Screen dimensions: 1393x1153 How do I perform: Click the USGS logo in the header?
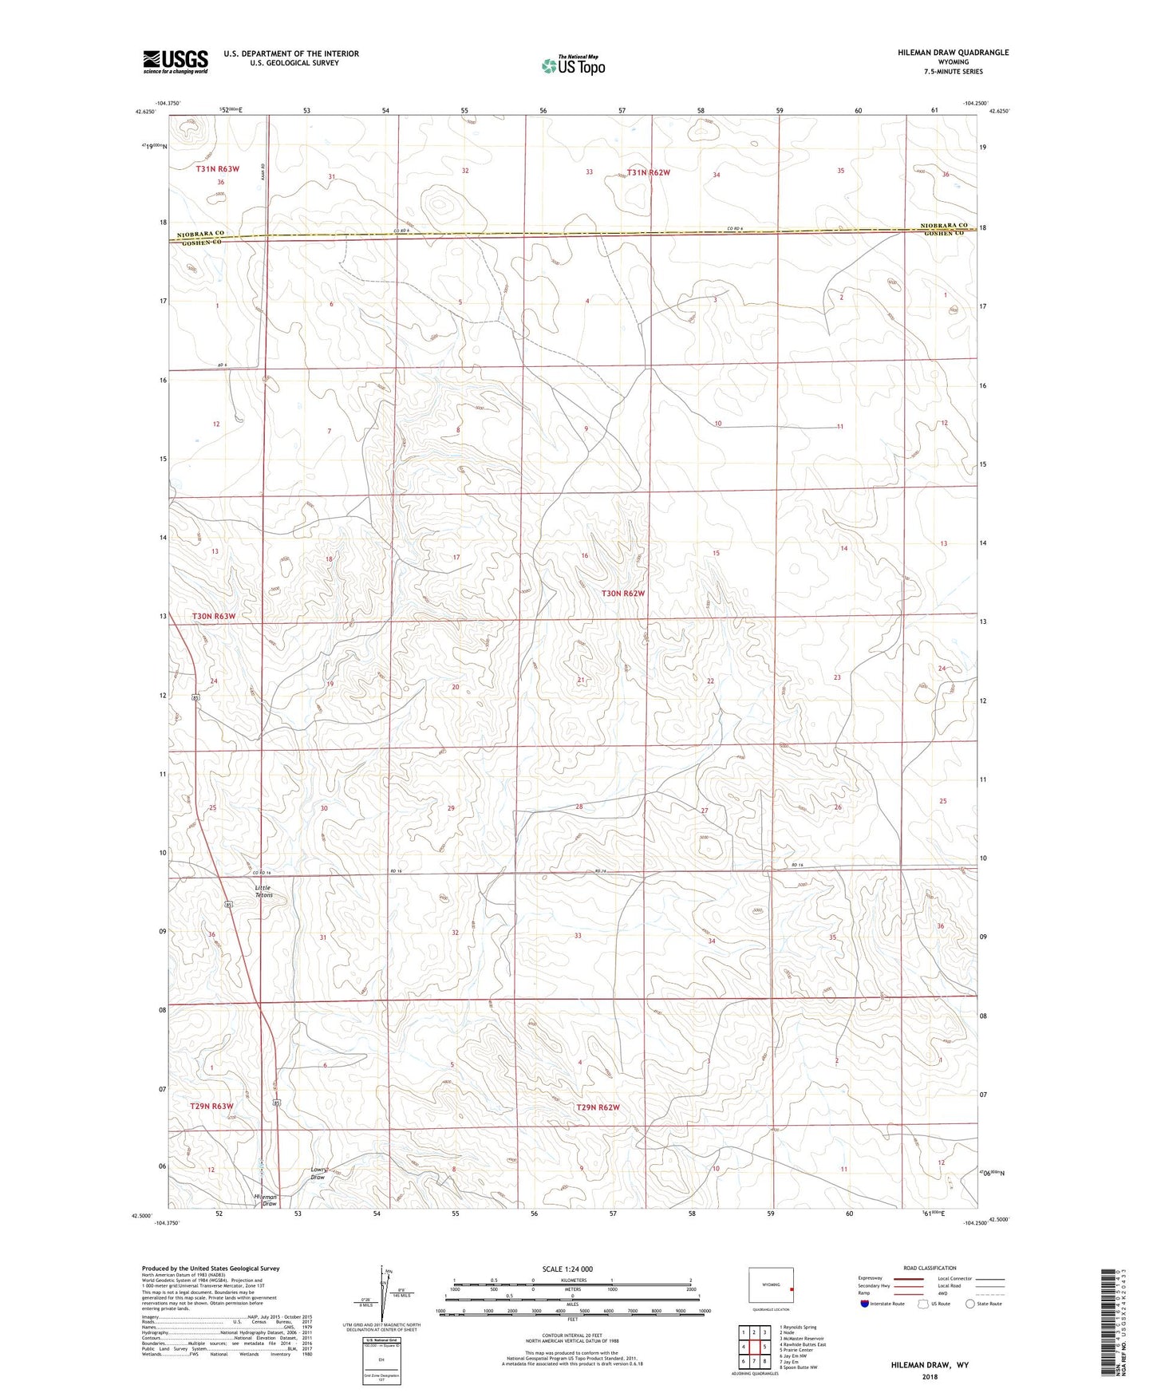[175, 61]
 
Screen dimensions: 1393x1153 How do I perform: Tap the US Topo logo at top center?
[572, 65]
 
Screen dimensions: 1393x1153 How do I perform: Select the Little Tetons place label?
[263, 891]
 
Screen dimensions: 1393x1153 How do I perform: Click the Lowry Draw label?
[318, 1174]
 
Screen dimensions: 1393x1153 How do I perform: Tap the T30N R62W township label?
[622, 594]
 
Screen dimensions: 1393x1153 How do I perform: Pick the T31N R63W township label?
[218, 169]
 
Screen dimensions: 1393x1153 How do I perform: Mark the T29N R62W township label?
[598, 1107]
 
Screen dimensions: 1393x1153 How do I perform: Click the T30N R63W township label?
[214, 616]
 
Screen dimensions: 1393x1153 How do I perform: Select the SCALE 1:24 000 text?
[567, 1269]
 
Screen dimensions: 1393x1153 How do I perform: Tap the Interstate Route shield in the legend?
[866, 1304]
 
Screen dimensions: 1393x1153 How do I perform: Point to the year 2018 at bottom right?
[930, 1376]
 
